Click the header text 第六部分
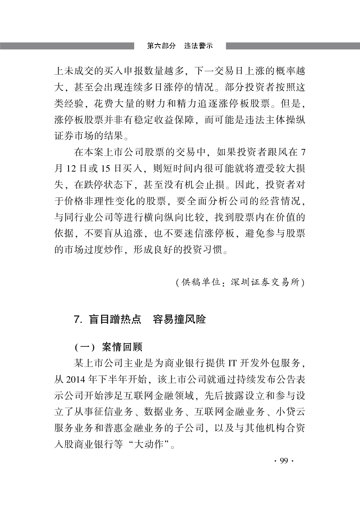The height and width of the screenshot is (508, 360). (161, 46)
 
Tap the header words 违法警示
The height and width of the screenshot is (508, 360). (198, 46)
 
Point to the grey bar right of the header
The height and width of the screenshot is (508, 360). (293, 46)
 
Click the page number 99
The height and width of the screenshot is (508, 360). (284, 461)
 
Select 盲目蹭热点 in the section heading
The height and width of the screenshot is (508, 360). (114, 320)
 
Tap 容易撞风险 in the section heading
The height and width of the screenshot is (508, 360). (179, 320)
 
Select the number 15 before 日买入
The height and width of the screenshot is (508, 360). (106, 169)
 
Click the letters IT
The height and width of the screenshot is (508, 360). (233, 363)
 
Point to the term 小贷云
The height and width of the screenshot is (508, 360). (292, 412)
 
